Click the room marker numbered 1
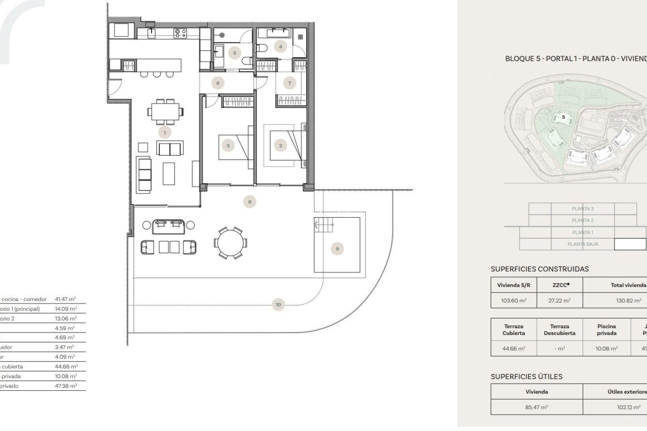click(x=165, y=133)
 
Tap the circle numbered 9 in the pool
click(x=337, y=249)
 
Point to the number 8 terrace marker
click(x=250, y=202)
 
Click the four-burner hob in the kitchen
click(x=180, y=33)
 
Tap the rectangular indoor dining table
click(x=165, y=112)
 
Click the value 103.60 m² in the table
click(x=514, y=301)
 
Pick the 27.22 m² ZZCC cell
click(x=559, y=301)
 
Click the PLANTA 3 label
click(x=583, y=209)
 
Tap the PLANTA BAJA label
click(x=583, y=244)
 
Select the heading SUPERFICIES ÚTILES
click(x=526, y=377)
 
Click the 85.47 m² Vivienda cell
click(x=536, y=407)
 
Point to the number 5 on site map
click(x=563, y=117)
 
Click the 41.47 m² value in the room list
click(x=65, y=299)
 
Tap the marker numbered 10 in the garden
click(x=278, y=305)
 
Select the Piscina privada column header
click(x=607, y=330)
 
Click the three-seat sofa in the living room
click(x=145, y=174)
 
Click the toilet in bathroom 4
click(x=261, y=48)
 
